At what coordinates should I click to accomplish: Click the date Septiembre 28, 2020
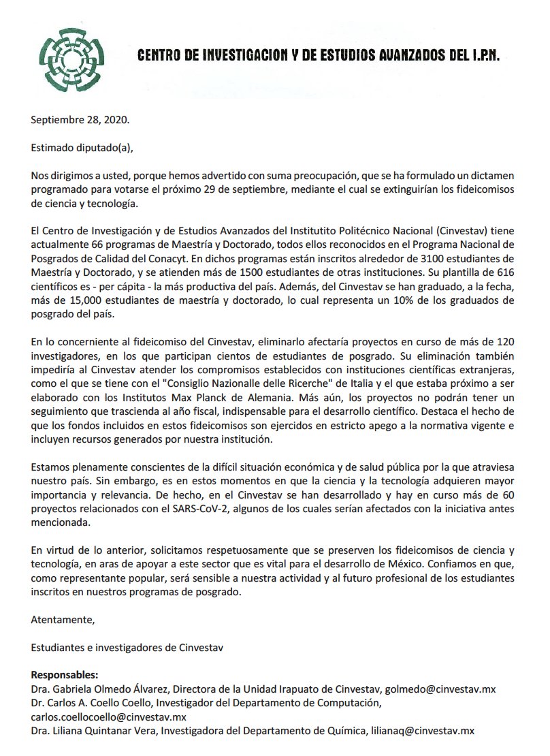tap(80, 121)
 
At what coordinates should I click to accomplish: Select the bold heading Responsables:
tap(65, 674)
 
